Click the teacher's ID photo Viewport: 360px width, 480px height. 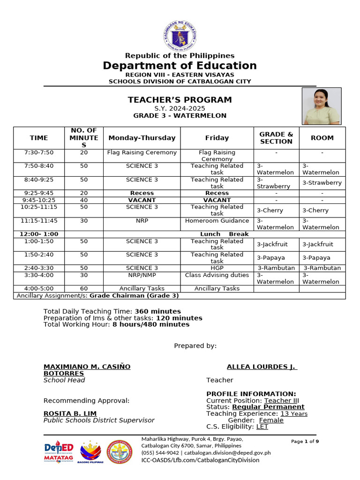(321, 106)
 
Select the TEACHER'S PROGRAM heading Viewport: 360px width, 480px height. (180, 100)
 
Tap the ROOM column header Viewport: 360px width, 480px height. (322, 138)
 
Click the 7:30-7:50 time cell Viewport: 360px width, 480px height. (39, 152)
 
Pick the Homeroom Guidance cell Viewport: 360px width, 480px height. (217, 221)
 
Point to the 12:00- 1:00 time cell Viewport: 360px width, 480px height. (39, 234)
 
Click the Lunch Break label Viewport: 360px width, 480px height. (224, 234)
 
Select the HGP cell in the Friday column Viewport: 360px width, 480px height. (217, 268)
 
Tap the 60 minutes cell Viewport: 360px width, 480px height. (84, 289)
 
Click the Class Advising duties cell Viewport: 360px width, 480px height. (217, 275)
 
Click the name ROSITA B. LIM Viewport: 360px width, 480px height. (70, 413)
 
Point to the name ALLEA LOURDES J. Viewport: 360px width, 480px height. (262, 367)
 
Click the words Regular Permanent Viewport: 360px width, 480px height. (268, 407)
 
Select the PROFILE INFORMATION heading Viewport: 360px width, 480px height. (251, 394)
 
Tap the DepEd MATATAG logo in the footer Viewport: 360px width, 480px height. (59, 452)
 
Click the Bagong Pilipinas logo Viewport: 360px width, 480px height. (90, 452)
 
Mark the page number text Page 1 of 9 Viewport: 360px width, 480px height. (305, 442)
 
